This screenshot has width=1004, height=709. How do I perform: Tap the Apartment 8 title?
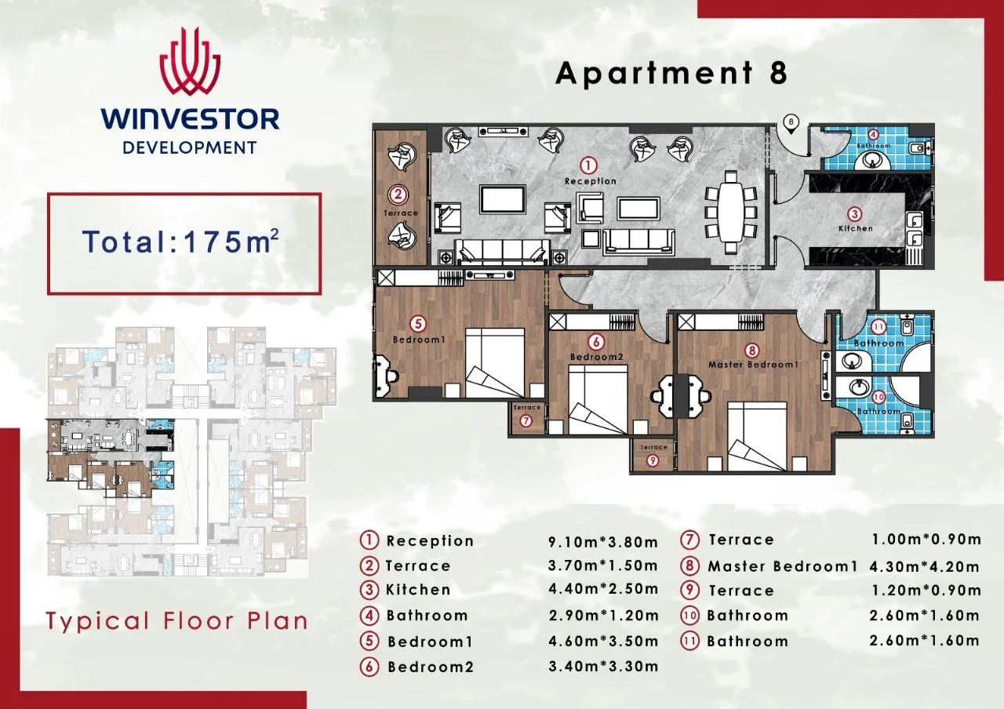(671, 73)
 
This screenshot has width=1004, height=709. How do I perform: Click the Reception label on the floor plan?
(591, 181)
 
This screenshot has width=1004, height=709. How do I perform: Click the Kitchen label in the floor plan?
(856, 228)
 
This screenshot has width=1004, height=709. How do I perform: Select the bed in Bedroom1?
(495, 363)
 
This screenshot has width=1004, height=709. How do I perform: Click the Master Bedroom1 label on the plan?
(754, 365)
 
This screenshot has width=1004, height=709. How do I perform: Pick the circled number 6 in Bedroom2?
(595, 342)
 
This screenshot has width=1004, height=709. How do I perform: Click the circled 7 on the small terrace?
(526, 421)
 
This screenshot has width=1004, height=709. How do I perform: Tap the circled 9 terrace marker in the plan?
(652, 460)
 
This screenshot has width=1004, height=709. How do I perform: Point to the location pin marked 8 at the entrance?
(791, 124)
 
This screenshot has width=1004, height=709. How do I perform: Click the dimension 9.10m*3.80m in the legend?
(603, 542)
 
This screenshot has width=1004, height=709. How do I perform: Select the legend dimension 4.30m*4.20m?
(924, 567)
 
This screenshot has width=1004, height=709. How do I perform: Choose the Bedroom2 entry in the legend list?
(431, 667)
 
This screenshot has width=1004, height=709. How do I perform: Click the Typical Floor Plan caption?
(177, 622)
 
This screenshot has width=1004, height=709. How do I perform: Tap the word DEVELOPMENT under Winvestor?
(190, 147)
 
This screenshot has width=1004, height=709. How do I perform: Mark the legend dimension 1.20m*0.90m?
(926, 591)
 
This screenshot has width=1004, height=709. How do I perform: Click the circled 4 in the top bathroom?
(873, 134)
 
